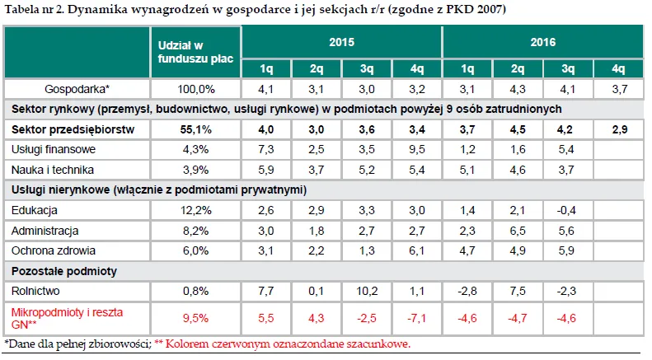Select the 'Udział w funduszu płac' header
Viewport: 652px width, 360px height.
[195, 51]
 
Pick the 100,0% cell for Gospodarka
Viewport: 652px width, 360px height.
[195, 88]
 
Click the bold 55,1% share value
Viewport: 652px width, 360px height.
[195, 129]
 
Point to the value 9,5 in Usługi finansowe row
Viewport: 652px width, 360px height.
[417, 150]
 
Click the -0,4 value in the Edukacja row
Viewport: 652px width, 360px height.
[568, 210]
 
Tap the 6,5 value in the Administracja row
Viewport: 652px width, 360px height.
[518, 231]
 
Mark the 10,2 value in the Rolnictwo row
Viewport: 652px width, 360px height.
[367, 291]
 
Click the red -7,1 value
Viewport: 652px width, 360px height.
[417, 317]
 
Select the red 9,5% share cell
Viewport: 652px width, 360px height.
[195, 317]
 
